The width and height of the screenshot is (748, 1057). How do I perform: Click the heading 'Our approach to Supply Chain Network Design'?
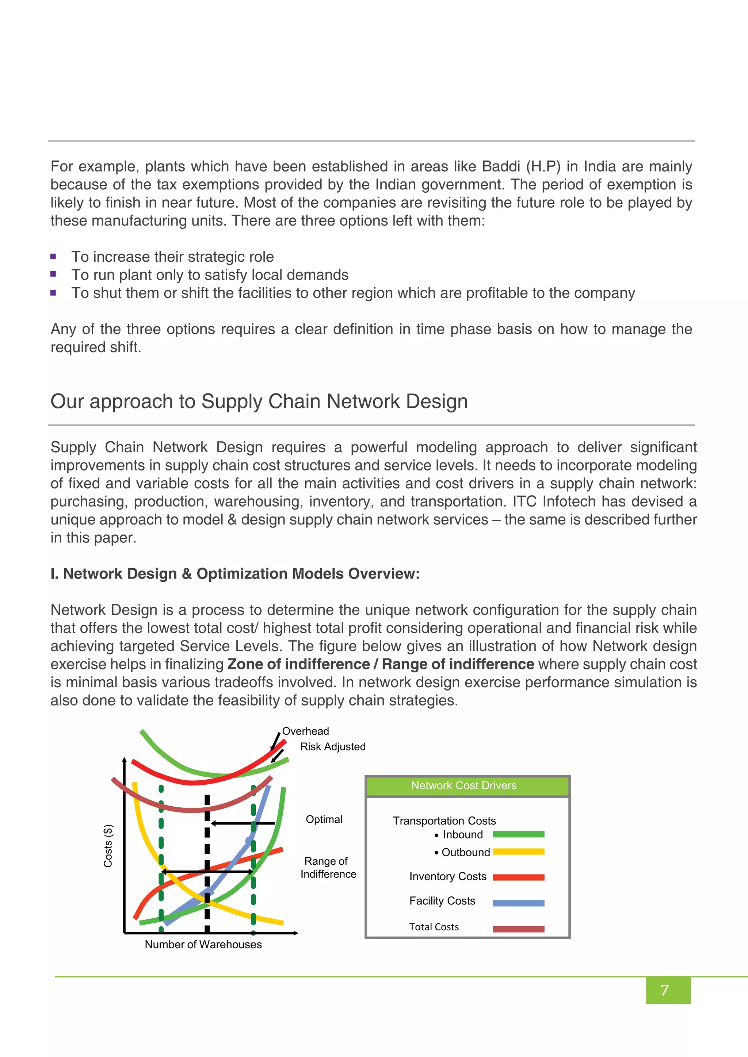click(x=259, y=401)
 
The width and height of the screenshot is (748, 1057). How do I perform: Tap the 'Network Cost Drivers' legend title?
click(x=464, y=785)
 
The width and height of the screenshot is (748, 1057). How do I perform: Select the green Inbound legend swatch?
click(x=518, y=834)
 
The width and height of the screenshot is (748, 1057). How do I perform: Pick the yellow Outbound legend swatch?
click(x=518, y=852)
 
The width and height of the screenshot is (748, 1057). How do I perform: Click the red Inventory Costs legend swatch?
click(x=518, y=877)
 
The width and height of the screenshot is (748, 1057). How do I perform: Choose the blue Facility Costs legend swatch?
click(x=518, y=903)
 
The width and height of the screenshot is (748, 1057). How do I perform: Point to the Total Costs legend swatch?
click(x=518, y=929)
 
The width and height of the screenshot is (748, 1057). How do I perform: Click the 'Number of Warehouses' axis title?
click(x=203, y=944)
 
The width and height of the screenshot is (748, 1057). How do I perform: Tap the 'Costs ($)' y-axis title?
click(x=108, y=846)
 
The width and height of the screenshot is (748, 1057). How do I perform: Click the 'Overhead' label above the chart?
click(x=305, y=731)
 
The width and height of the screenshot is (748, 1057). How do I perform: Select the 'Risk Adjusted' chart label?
click(x=333, y=747)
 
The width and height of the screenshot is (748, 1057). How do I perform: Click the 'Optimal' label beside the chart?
click(x=324, y=819)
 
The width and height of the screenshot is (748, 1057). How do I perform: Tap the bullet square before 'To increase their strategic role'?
click(x=53, y=257)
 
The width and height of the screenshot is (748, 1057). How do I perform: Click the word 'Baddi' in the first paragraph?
click(x=501, y=166)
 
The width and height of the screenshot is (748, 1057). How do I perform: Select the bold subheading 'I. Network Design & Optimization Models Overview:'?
click(x=235, y=574)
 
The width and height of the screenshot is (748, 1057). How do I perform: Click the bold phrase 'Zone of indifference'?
click(x=298, y=664)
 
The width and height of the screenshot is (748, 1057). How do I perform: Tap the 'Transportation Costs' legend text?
click(x=444, y=821)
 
